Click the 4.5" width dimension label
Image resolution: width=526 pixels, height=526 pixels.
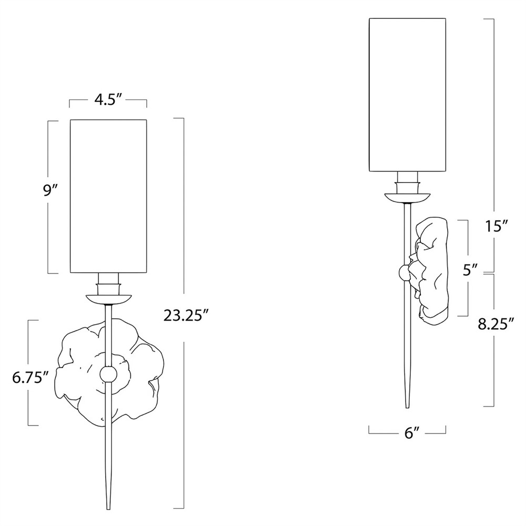(x=108, y=100)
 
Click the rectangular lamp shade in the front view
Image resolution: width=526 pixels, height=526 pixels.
(x=108, y=196)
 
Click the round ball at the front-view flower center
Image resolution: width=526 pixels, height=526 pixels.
(x=108, y=375)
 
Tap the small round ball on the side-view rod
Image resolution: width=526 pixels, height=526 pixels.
(x=405, y=272)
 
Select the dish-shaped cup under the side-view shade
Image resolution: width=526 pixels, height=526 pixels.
(x=408, y=198)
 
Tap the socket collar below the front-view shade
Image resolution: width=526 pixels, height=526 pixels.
(x=108, y=284)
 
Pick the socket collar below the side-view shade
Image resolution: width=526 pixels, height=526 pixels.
(x=408, y=183)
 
